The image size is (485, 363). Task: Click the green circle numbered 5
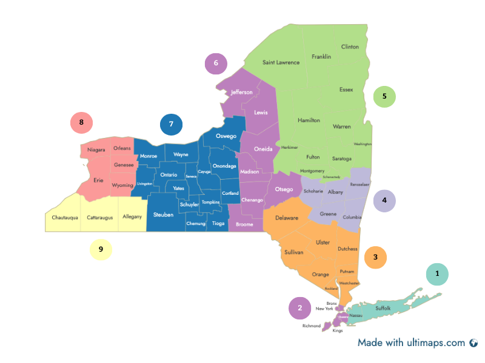coord(384,96)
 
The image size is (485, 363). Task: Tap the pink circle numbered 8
coord(81,123)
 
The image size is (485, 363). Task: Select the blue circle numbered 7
coord(171,124)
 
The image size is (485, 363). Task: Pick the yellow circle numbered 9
coord(101,249)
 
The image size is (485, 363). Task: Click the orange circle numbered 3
coord(375,257)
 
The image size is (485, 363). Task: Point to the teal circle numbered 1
coord(437,274)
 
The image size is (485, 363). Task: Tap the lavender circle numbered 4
coord(384,200)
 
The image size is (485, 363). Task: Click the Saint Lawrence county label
coord(281,62)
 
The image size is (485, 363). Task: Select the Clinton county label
coord(350,47)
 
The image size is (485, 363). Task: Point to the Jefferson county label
coord(241,92)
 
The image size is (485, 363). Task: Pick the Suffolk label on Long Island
coord(383,308)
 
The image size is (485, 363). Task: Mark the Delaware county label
coord(287,218)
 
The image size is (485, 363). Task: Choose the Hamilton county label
coord(309,120)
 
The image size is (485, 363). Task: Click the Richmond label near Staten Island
coord(312,325)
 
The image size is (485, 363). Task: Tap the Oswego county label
coord(226,136)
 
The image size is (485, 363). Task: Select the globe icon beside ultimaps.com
coord(473,343)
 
